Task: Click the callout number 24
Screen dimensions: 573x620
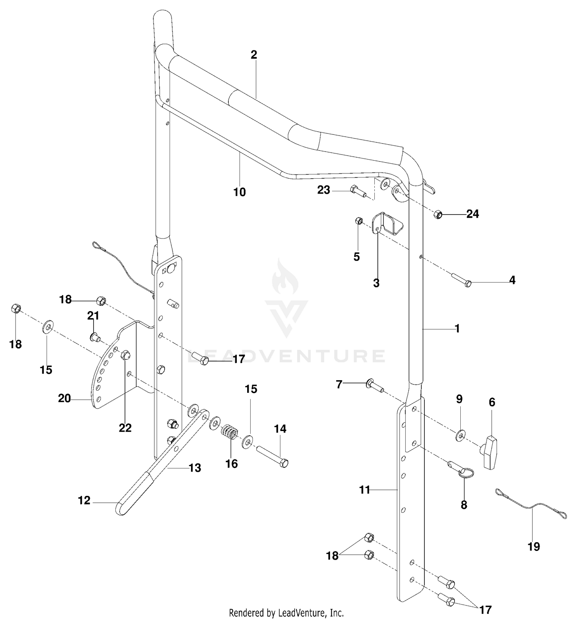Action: [473, 214]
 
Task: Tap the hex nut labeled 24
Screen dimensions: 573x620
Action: [438, 214]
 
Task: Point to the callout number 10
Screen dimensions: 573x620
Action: [240, 192]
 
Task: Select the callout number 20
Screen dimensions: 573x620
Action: [64, 399]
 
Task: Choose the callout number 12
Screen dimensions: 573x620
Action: [84, 501]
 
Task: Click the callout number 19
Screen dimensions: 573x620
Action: [534, 547]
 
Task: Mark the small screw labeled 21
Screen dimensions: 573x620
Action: [94, 337]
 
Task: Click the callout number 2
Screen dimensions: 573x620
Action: [254, 55]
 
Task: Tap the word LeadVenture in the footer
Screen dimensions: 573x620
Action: [302, 613]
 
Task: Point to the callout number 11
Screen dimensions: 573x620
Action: [365, 490]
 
